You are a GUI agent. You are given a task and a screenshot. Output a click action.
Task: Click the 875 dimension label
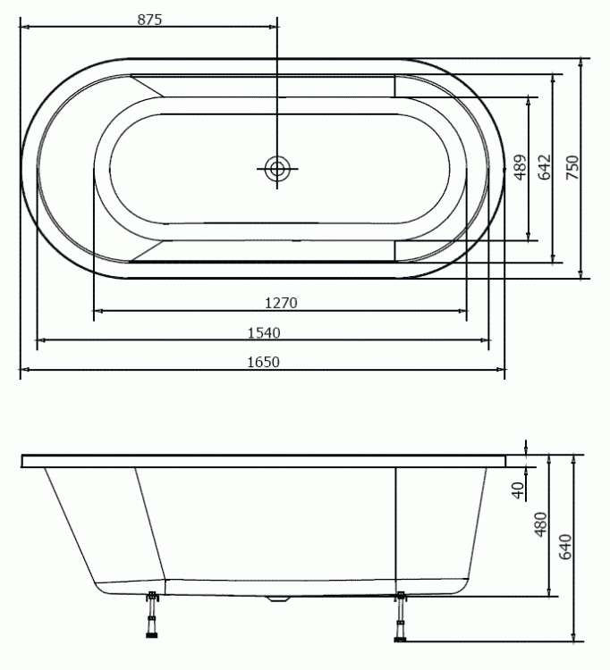pos(149,20)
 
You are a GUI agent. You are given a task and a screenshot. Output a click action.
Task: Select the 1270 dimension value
pos(281,303)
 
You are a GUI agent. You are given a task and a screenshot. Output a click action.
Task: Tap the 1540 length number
pos(264,332)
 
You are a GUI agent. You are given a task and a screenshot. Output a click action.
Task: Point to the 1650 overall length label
pos(264,362)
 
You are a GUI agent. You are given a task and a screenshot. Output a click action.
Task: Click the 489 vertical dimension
pos(521,167)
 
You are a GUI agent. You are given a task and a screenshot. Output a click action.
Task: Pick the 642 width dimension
pos(545,167)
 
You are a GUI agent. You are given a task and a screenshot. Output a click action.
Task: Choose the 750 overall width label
pos(572,167)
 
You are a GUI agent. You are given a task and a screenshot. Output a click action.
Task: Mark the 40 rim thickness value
pos(518,490)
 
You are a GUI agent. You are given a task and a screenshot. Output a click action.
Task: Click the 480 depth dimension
pos(541,524)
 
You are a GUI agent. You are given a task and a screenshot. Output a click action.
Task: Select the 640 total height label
pos(565,547)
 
